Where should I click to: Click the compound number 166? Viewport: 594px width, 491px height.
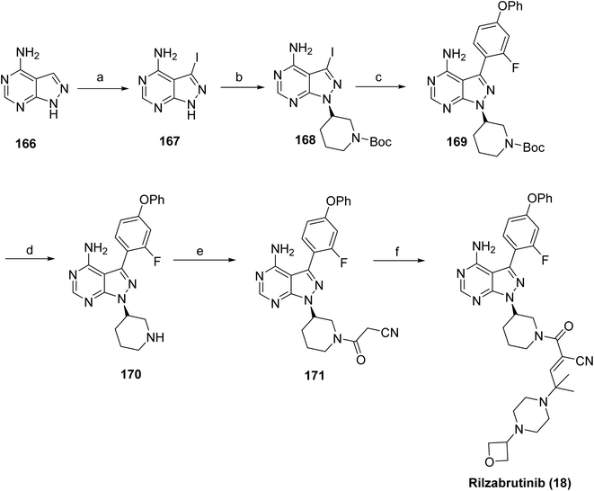click(26, 144)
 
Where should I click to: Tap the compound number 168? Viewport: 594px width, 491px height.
click(306, 140)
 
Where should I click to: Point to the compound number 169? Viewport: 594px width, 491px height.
click(457, 141)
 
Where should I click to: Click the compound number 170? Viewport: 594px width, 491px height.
click(130, 375)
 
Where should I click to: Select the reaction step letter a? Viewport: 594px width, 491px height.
click(101, 77)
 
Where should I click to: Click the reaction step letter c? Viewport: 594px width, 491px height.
click(380, 77)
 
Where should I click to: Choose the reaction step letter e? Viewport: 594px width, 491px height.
click(201, 251)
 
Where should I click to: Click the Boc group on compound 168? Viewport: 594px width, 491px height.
click(380, 142)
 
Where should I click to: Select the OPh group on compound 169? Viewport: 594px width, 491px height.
click(510, 6)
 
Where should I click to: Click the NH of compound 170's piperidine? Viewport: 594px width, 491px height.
click(156, 337)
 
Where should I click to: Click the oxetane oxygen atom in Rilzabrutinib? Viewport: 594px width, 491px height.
click(491, 461)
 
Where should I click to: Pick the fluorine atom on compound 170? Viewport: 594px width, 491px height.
click(156, 262)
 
